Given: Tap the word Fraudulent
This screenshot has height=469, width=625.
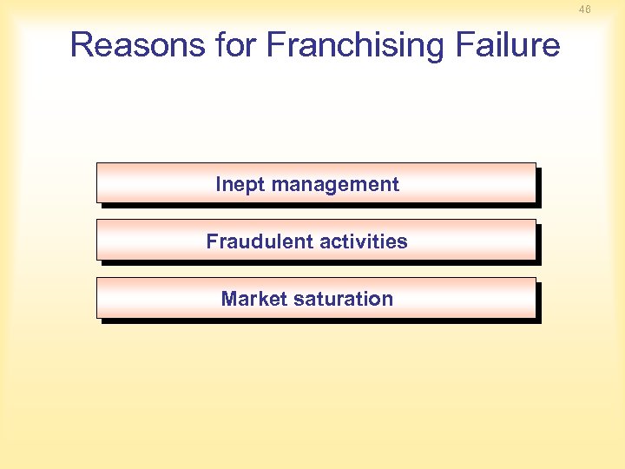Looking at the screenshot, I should tap(256, 241).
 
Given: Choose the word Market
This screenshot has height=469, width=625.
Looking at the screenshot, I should tap(253, 299).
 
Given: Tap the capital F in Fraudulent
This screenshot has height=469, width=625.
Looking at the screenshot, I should tap(212, 241).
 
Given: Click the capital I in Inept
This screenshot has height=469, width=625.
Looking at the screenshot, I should tap(219, 184).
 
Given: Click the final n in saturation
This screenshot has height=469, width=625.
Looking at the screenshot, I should tap(388, 300).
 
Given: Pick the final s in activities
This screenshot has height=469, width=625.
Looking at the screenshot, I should tap(403, 242).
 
